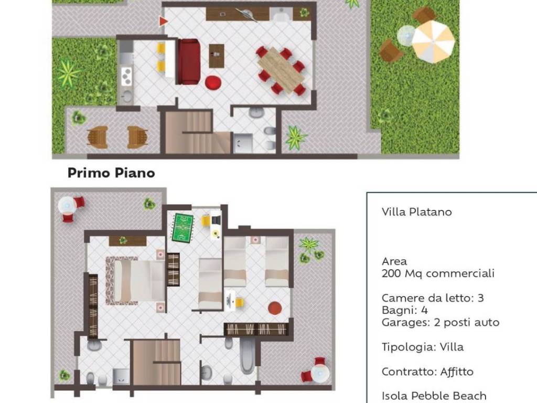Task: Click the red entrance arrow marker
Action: [163, 21]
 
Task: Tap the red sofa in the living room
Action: [188, 61]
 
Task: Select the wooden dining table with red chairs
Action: [281, 70]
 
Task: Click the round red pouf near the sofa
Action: [213, 82]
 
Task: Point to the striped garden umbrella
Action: [433, 41]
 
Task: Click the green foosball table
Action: [182, 228]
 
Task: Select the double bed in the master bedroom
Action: [135, 281]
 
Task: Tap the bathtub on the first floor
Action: [247, 356]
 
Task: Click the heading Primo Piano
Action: [111, 173]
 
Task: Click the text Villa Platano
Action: [417, 212]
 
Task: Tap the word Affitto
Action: [457, 372]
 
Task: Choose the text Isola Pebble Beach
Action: [434, 396]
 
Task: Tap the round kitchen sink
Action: [127, 96]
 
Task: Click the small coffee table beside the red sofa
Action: [217, 56]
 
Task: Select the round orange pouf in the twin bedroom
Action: [275, 307]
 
